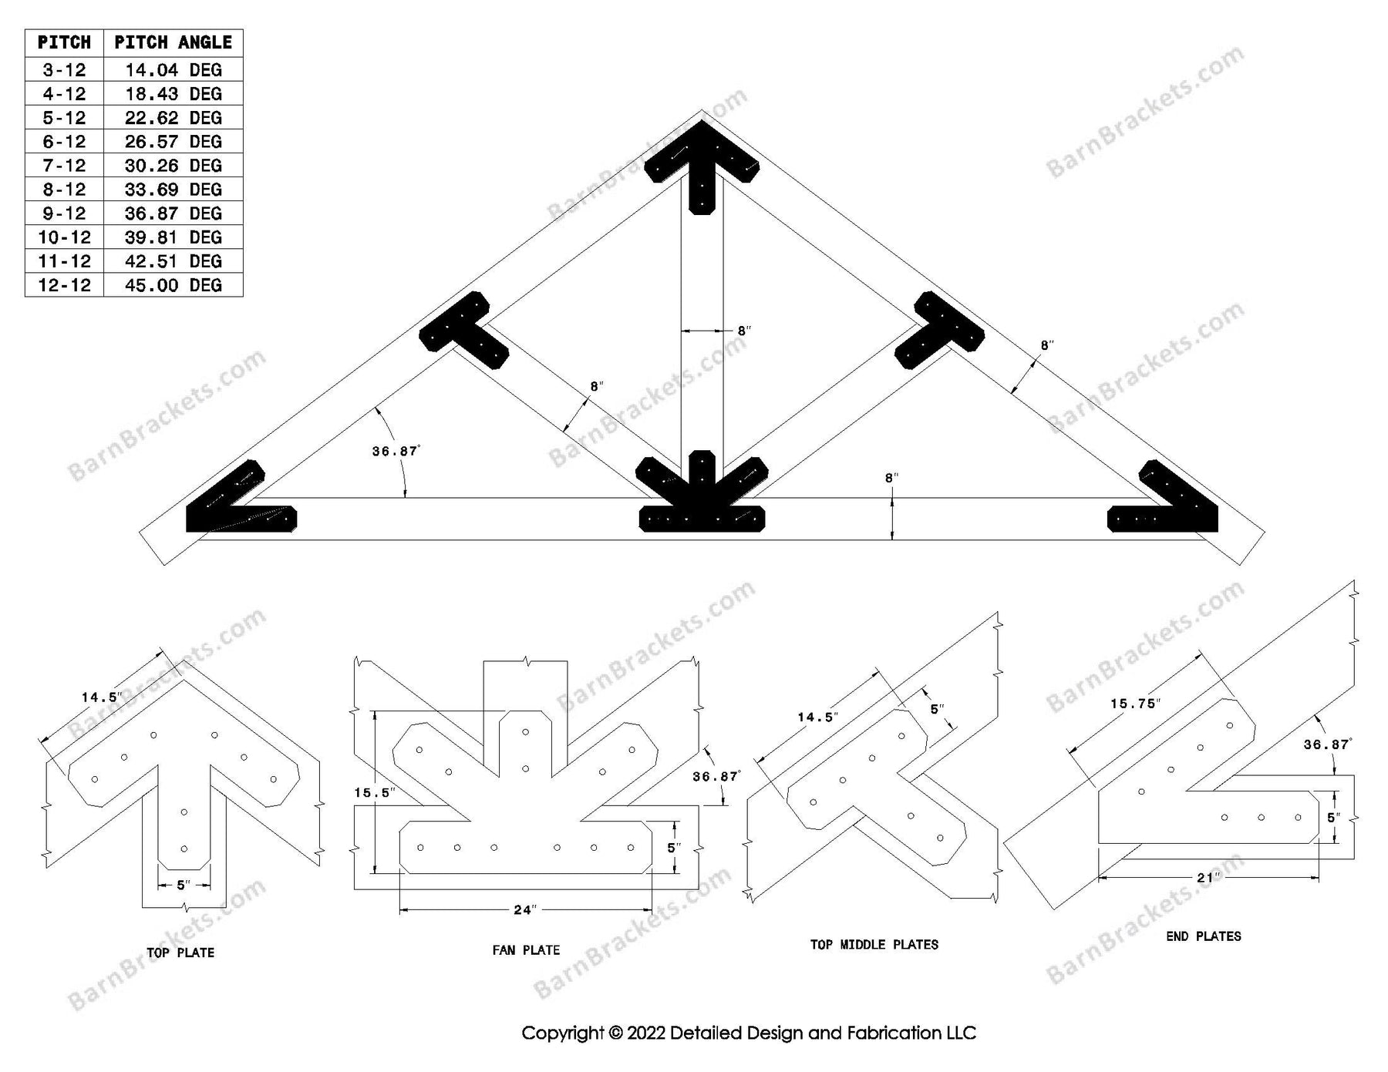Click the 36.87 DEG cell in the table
pyautogui.click(x=173, y=213)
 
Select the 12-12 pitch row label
pyautogui.click(x=64, y=285)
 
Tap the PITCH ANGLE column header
pyautogui.click(x=173, y=42)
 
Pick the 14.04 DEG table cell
pyautogui.click(x=173, y=70)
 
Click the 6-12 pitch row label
pyautogui.click(x=64, y=142)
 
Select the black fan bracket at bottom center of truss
pyautogui.click(x=702, y=497)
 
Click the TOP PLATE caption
pyautogui.click(x=180, y=953)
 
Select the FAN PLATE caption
pyautogui.click(x=526, y=950)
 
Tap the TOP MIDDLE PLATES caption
pyautogui.click(x=874, y=944)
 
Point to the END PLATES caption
pyautogui.click(x=1204, y=936)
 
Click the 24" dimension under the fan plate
pyautogui.click(x=524, y=910)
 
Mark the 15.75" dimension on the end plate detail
pyautogui.click(x=1135, y=704)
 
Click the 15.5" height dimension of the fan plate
pyautogui.click(x=375, y=792)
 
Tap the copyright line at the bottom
pyautogui.click(x=748, y=1033)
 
